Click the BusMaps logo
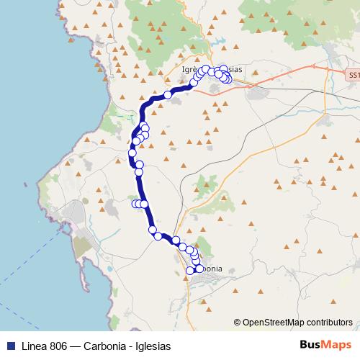tap(320, 345)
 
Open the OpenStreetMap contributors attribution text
tap(297, 323)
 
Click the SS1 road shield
tap(352, 75)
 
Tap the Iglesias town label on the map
tap(235, 69)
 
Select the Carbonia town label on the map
tap(215, 269)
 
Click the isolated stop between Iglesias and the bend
tap(168, 94)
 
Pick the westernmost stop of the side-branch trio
tap(135, 204)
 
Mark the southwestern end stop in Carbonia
tap(190, 270)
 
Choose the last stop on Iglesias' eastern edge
tap(228, 78)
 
